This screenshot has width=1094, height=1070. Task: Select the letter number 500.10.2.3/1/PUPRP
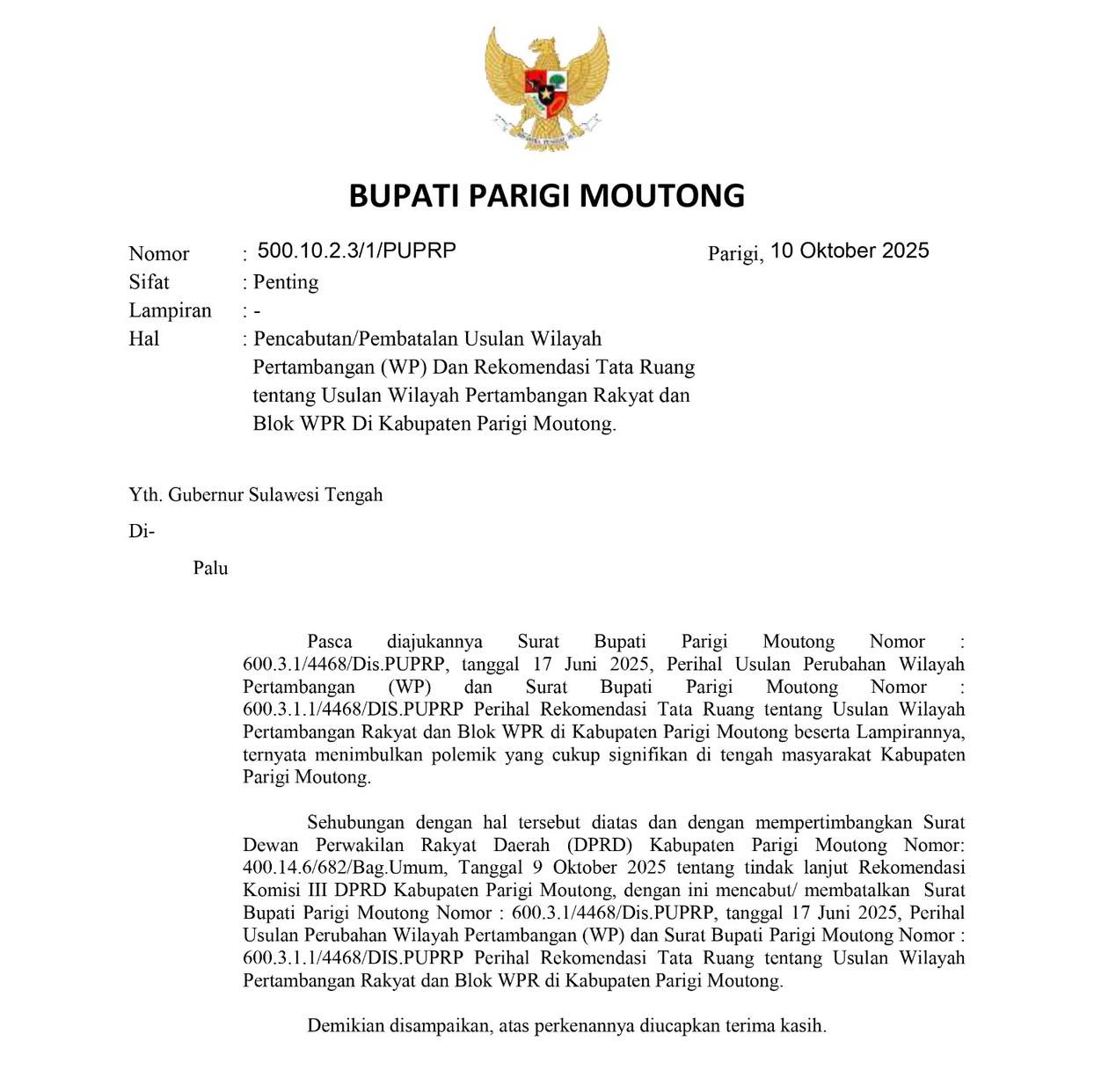(356, 251)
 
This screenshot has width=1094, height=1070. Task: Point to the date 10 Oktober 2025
(850, 251)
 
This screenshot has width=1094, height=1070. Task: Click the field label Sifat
(149, 282)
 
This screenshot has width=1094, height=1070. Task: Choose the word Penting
(286, 282)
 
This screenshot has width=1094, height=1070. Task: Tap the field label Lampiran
(170, 310)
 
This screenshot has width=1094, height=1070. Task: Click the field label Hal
(143, 338)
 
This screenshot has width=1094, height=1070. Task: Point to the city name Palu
(211, 568)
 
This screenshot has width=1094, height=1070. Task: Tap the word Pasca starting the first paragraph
(330, 642)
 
